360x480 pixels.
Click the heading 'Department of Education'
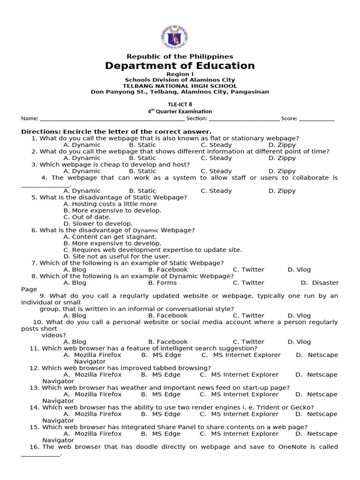click(180, 66)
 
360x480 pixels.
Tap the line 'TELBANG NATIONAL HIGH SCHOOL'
click(180, 86)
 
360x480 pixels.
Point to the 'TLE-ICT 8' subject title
click(180, 105)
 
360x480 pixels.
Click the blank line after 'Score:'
click(317, 119)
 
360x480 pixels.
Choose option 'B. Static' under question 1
click(142, 145)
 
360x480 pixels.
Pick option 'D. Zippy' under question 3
click(282, 171)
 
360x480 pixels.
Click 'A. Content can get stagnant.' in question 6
click(110, 237)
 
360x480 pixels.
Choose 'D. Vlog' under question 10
click(299, 342)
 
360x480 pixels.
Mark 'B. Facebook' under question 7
click(168, 270)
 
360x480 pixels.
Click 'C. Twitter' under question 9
click(248, 315)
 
